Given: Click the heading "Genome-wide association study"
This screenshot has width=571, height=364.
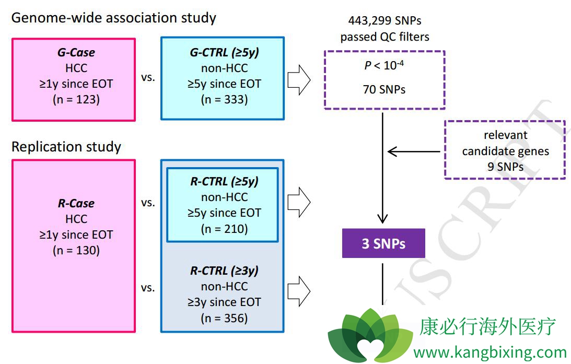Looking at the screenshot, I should tap(113, 18).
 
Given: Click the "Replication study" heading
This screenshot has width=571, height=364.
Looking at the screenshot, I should tap(66, 147).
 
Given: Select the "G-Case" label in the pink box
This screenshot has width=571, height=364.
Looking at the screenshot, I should tap(76, 53).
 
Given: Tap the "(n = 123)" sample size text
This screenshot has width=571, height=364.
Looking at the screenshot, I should tap(76, 99).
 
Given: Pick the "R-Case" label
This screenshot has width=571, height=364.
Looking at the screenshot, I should tap(76, 203).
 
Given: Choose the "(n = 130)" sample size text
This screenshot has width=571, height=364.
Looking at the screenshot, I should tap(76, 250).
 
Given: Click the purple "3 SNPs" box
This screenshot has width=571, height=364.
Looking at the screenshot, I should tap(383, 243).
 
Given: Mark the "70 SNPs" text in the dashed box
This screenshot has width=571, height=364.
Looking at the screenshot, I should tap(384, 89).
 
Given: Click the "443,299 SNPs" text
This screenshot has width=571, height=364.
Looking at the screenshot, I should tap(384, 21).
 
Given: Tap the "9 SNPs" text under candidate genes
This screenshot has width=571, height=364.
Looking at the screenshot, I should tap(505, 168).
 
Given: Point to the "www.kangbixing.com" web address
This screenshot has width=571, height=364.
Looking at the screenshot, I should tap(490, 352).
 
